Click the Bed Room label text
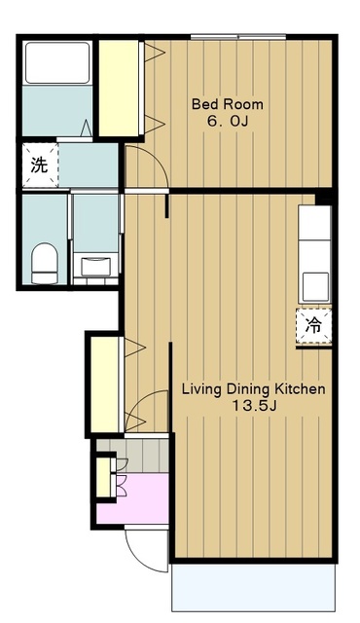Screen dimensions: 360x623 tap(228, 104)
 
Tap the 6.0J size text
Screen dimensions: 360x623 tap(228, 121)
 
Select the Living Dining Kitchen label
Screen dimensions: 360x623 tap(253, 389)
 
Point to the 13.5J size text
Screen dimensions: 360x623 tap(254, 406)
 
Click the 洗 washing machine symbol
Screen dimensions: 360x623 tap(40, 165)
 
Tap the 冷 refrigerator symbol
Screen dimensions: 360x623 tap(313, 326)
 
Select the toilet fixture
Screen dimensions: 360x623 tap(45, 264)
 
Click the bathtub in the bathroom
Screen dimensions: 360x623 tap(57, 62)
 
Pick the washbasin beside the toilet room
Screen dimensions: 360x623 tap(95, 267)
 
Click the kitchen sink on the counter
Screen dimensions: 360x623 tap(315, 287)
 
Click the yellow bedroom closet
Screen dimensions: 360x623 tap(119, 89)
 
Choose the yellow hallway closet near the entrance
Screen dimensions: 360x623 tap(104, 385)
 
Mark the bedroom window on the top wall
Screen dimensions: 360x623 tap(238, 37)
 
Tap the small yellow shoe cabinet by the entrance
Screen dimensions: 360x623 tap(104, 477)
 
